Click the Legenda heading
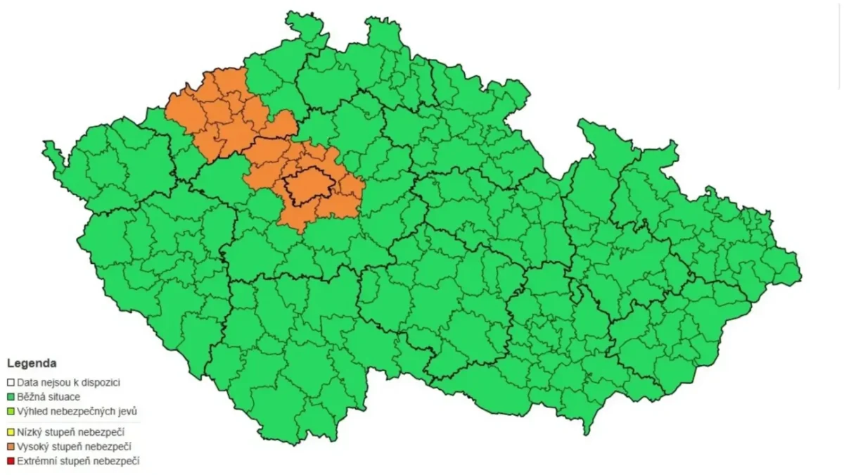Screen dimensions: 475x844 coord(32,364)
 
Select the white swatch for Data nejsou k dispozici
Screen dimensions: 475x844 coord(11,383)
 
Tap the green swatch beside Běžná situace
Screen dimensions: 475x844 coord(11,397)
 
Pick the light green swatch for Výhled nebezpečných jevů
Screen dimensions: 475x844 coord(11,411)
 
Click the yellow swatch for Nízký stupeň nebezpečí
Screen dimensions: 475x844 coord(11,432)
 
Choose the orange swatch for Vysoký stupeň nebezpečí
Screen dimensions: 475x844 coord(11,447)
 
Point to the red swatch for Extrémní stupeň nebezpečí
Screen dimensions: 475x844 coord(11,462)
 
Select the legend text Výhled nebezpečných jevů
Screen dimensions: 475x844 coord(74,411)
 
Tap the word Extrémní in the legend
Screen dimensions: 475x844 coord(37,462)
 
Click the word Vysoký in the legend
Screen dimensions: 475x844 coord(33,447)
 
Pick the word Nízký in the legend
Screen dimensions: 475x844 coord(30,432)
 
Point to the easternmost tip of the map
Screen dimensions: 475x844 coord(800,271)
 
